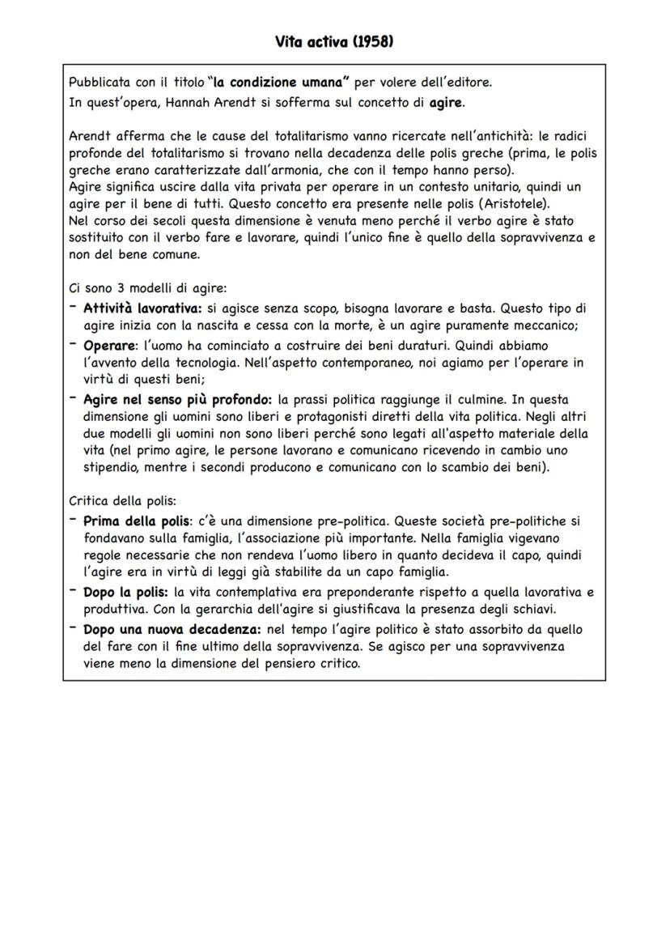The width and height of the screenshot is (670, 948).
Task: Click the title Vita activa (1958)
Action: point(334,41)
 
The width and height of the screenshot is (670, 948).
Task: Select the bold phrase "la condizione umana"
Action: point(278,82)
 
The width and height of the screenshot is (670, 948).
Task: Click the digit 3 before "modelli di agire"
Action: point(112,289)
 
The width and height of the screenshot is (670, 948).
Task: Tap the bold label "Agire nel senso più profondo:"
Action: point(178,399)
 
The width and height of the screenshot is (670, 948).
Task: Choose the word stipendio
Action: point(110,467)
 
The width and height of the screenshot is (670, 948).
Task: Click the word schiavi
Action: point(538,610)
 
